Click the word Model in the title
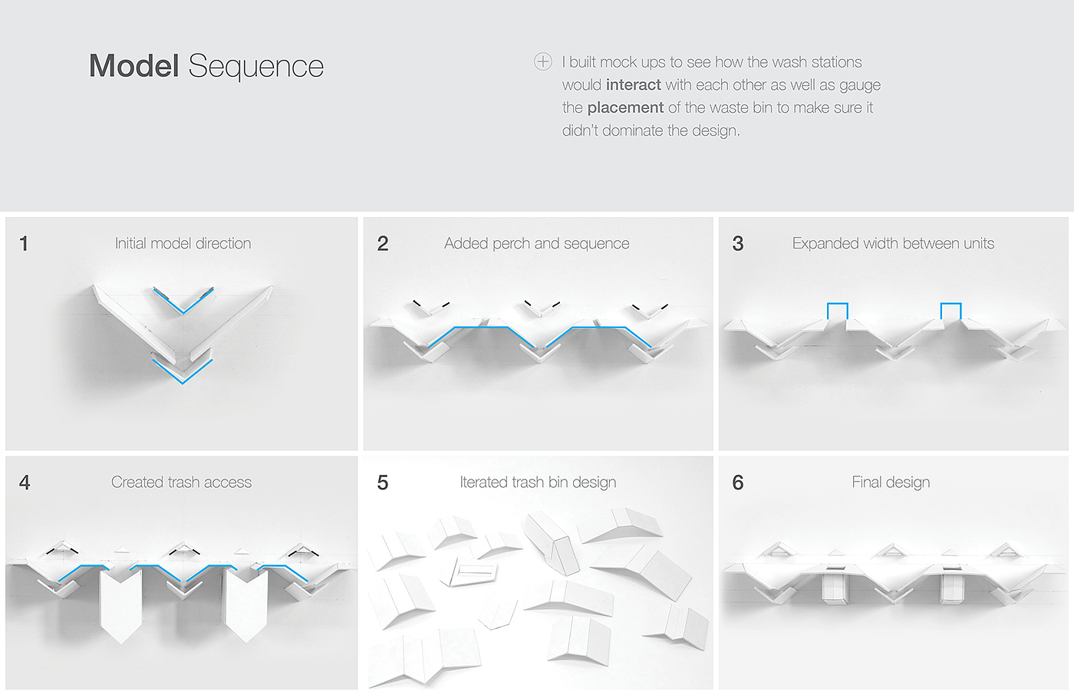coord(133,66)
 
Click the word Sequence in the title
coord(255,67)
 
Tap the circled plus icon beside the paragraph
coord(543,61)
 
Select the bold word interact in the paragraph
coord(633,84)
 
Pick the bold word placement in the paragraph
coord(625,107)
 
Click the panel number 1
coord(24,244)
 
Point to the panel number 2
coord(383,244)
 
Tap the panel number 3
coord(738,244)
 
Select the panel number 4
coord(25,483)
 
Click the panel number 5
coord(383,483)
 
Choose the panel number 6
coord(738,483)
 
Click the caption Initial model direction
coord(183,243)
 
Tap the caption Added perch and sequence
coord(537,243)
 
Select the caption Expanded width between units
coord(893,243)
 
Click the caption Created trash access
coord(182,482)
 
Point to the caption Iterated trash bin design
coord(538,482)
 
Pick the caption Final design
coord(891,482)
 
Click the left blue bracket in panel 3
coord(837,310)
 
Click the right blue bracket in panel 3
coord(950,310)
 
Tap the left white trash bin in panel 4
coord(121,603)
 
